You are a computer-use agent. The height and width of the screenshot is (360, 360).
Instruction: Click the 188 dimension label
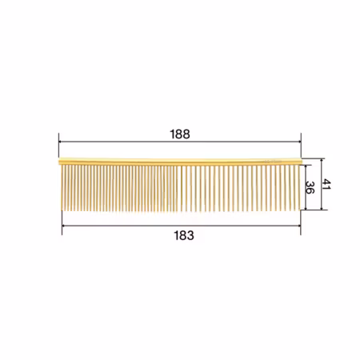tap(180, 134)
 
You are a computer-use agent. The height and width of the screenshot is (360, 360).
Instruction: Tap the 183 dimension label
tap(184, 235)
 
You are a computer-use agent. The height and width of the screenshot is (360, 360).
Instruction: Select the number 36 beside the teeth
tap(310, 187)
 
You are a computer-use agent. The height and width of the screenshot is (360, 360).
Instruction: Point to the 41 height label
tap(326, 184)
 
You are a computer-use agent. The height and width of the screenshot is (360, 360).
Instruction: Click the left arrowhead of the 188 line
tap(60, 142)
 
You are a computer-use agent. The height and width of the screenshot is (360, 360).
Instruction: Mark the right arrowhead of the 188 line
tap(299, 142)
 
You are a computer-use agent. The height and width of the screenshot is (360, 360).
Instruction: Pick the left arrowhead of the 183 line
tap(64, 226)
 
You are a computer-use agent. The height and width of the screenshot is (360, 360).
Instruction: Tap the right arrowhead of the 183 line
tap(299, 226)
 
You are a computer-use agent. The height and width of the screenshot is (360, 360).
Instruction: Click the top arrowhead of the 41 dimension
tap(322, 160)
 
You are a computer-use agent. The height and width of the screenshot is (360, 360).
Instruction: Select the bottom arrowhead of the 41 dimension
tap(322, 208)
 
